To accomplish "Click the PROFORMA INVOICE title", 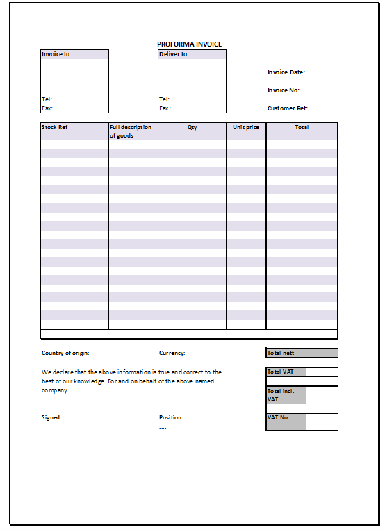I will coord(190,44).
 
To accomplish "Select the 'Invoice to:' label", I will coord(56,54).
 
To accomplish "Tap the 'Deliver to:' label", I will coord(174,54).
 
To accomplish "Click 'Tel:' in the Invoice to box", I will coord(47,99).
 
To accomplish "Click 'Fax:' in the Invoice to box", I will coord(47,108).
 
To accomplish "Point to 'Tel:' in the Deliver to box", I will coord(164,99).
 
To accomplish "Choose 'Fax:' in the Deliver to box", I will coord(164,108).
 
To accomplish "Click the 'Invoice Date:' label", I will coord(286,72).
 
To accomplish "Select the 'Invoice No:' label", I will coord(284,90).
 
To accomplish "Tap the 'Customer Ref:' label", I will coord(287,108).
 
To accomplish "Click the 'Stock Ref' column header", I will coord(54,128).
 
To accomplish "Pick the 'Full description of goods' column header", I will coord(131,131).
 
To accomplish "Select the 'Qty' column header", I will coord(192,128).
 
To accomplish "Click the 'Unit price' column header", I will coord(246,128).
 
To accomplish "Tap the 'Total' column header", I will coord(302,128).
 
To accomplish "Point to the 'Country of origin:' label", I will coord(65,353).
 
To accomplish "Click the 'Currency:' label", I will coord(172,353).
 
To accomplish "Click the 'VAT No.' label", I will coord(278,418).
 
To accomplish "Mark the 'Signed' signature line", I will coord(69,418).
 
